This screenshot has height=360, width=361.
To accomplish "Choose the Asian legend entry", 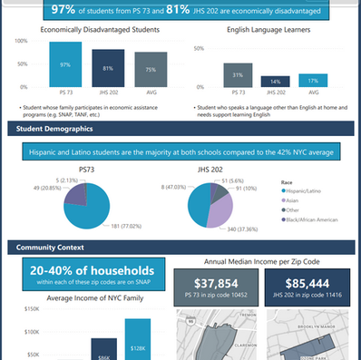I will click(x=302, y=199).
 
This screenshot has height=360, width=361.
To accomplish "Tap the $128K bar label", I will click(x=141, y=348).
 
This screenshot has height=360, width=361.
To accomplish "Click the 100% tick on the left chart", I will click(x=20, y=43).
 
